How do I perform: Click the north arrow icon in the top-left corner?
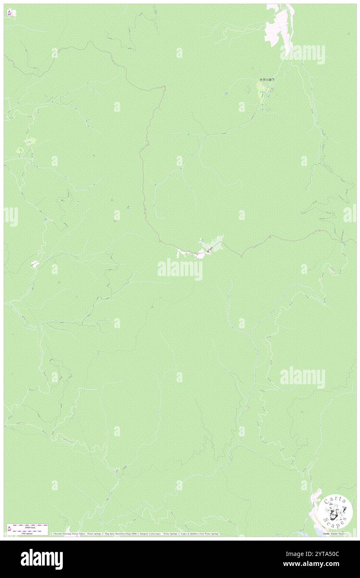pos(9,13)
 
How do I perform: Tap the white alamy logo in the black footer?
pos(42,559)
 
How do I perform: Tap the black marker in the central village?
pos(209,250)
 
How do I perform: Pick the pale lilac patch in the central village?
pos(200,255)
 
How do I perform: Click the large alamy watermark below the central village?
pos(180,269)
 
